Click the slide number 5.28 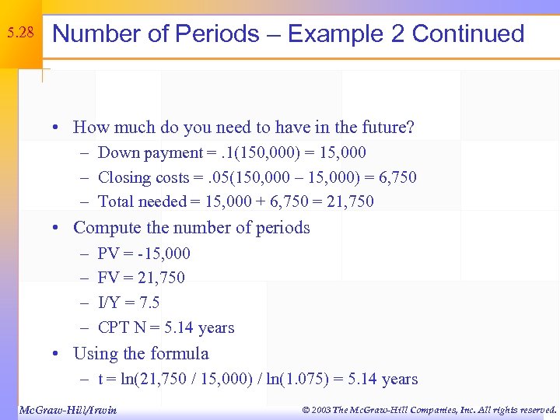tap(19, 33)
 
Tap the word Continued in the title tap(468, 34)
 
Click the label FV tap(108, 278)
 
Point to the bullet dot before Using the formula tap(57, 355)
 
